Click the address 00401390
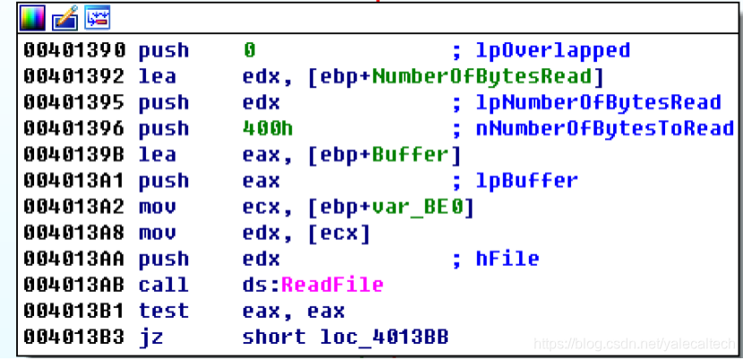pos(74,50)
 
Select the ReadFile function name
pos(332,285)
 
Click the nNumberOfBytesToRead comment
pos(605,128)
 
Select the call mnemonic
pos(164,285)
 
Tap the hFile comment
pos(507,259)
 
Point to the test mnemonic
pos(164,311)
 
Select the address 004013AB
pos(74,285)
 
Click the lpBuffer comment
pos(527,181)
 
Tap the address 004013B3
pos(74,337)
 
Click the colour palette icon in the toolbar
pos(31,15)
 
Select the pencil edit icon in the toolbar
pos(64,15)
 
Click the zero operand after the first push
pos(249,50)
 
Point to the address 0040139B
pos(74,154)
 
